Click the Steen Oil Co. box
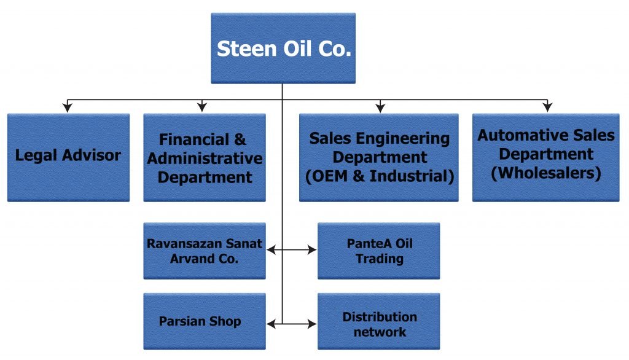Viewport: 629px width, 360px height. [x=283, y=49]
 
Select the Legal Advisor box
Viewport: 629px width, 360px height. [x=68, y=157]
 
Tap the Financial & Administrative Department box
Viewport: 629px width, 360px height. [x=205, y=158]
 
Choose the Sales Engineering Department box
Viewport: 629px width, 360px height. [x=379, y=158]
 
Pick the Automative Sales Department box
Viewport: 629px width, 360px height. [x=546, y=157]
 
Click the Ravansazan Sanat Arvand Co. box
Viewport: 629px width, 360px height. [x=205, y=251]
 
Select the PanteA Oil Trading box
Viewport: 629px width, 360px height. [x=379, y=251]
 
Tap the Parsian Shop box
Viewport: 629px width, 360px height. [x=205, y=321]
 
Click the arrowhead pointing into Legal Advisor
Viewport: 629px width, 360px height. [x=68, y=108]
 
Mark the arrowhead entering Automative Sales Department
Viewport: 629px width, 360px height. [x=547, y=108]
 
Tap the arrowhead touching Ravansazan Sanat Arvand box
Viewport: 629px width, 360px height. [x=272, y=250]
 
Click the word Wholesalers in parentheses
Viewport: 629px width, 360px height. [x=546, y=173]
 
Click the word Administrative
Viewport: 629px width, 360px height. [x=205, y=158]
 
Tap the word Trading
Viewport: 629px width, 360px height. [x=379, y=259]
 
